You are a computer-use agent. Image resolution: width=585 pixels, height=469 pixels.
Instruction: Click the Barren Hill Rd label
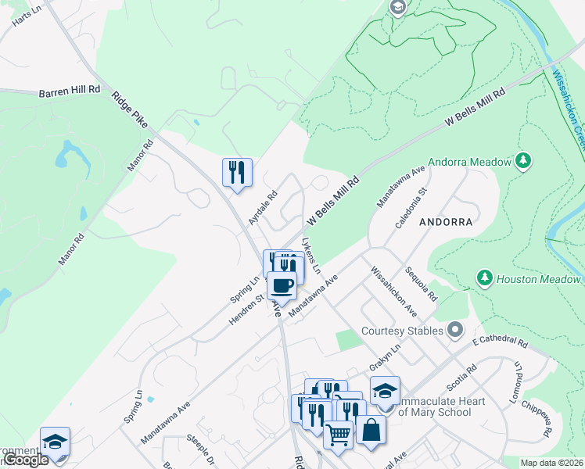70,91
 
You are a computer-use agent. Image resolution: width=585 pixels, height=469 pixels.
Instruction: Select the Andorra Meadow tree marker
523,162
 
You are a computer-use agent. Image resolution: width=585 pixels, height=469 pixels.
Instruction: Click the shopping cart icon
338,435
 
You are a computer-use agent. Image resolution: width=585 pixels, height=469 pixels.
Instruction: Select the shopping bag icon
370,429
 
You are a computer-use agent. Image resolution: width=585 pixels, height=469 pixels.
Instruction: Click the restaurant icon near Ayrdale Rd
236,171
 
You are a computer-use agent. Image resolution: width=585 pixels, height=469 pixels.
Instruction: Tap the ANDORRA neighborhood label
446,222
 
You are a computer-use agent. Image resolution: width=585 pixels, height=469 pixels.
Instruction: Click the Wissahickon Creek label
569,110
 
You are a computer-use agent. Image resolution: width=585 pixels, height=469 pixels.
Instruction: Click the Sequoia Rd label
421,283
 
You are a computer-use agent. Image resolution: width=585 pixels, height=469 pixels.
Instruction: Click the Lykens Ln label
311,256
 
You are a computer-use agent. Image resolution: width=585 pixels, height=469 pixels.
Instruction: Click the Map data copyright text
551,463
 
